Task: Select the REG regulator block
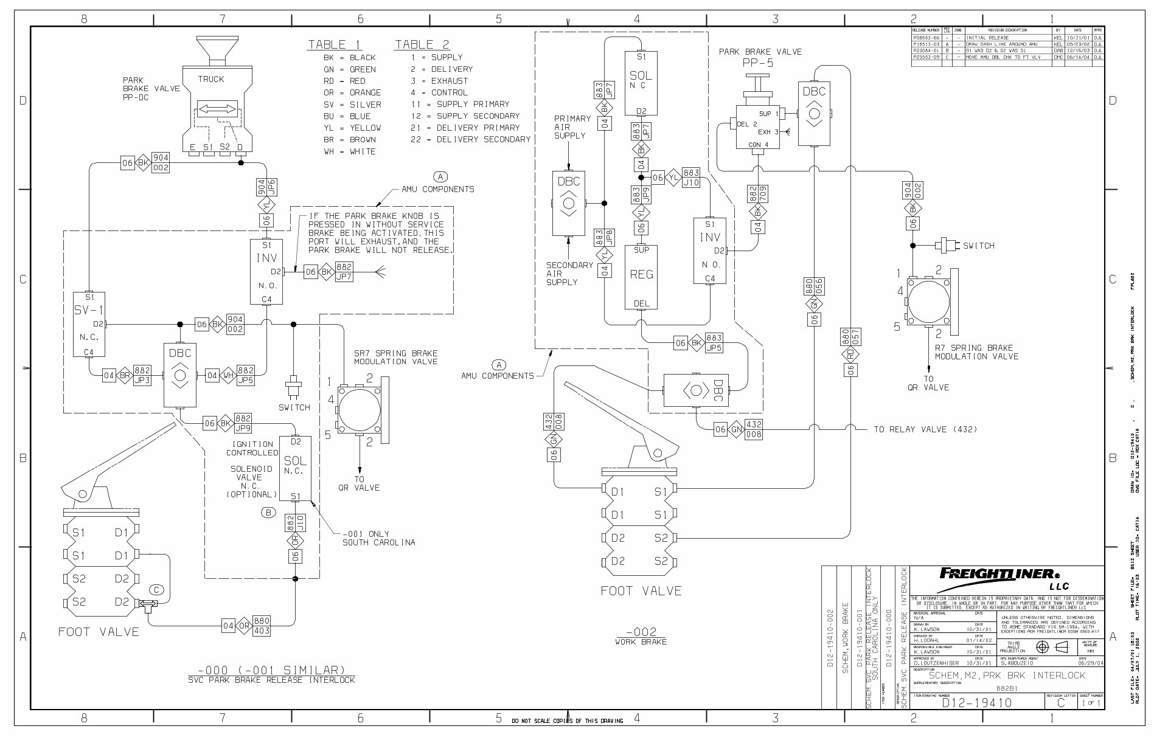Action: click(641, 277)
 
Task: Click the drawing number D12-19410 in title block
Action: click(977, 703)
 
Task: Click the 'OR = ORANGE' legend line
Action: click(352, 92)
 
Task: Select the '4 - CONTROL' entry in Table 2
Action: click(439, 92)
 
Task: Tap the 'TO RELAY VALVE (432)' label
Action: click(925, 429)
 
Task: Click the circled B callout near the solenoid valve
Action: click(268, 512)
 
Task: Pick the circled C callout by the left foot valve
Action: click(156, 589)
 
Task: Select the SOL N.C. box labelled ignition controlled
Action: click(295, 466)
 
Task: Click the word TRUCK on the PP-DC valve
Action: click(210, 79)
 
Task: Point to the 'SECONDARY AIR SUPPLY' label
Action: click(569, 274)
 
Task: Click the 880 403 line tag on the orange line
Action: click(262, 625)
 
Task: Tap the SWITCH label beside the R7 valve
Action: click(978, 246)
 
